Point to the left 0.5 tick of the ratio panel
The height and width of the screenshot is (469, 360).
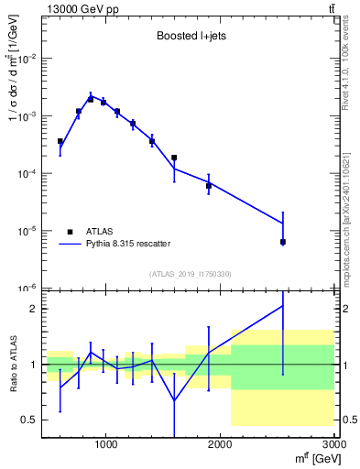click(x=31, y=420)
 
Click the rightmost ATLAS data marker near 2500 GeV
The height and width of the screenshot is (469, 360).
click(x=283, y=242)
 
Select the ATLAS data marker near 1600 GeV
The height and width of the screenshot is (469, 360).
click(x=174, y=158)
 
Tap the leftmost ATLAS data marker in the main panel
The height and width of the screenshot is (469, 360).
click(x=60, y=142)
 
